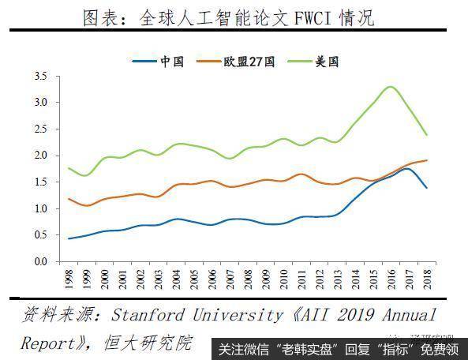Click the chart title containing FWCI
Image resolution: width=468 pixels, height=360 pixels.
click(x=228, y=17)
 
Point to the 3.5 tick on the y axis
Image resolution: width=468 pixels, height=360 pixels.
click(x=41, y=77)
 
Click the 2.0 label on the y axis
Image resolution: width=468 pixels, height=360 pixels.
click(x=41, y=156)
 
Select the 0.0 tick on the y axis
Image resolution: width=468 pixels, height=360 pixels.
click(x=41, y=261)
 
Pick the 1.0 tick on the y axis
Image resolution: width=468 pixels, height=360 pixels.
click(x=41, y=208)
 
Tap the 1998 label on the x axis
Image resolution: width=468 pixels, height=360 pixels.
click(x=69, y=279)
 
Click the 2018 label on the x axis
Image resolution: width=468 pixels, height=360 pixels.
click(x=427, y=279)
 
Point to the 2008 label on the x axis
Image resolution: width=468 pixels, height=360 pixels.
click(x=248, y=279)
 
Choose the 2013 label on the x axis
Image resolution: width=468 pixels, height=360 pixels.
click(x=338, y=279)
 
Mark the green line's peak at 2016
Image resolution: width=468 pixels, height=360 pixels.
click(x=390, y=86)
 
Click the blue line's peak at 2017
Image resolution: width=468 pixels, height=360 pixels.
click(x=408, y=168)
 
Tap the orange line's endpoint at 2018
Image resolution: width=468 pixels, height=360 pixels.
click(x=427, y=160)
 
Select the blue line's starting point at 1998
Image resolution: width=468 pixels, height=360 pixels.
click(x=69, y=238)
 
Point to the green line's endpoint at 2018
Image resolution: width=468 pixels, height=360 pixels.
click(x=427, y=135)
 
